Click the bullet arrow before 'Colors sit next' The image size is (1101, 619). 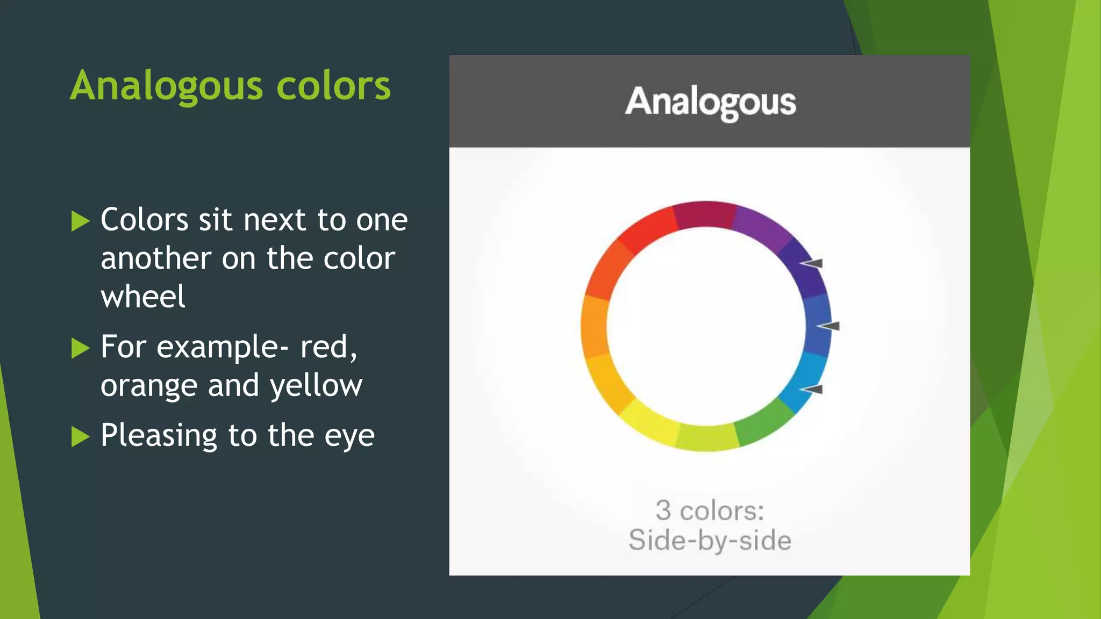80,221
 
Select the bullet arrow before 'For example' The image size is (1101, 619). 80,348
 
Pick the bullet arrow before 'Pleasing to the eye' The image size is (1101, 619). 80,436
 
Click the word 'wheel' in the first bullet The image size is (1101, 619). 143,297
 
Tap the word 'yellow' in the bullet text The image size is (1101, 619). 316,385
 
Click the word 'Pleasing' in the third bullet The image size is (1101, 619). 159,435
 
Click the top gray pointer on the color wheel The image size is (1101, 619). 812,263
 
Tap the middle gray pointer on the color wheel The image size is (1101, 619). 828,326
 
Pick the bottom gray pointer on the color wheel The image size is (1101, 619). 812,389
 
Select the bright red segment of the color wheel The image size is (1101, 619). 648,229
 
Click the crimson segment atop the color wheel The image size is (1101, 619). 705,214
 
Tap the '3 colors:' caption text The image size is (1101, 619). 710,510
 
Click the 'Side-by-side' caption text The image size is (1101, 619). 710,540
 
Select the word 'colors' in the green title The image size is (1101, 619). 333,86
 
